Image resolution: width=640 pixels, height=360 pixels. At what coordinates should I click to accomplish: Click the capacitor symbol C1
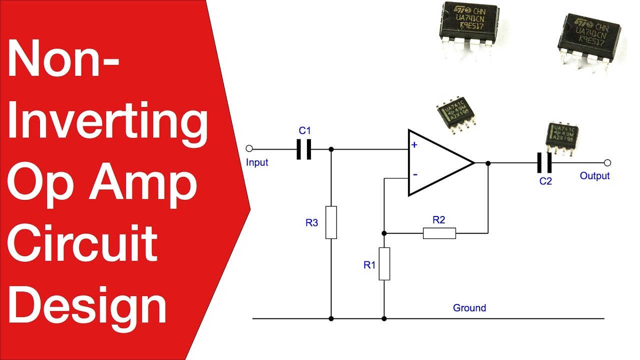pos(304,149)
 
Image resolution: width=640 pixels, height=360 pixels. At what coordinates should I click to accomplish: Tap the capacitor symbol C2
pos(544,163)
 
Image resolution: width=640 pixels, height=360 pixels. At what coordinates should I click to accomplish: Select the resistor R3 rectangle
pos(331,222)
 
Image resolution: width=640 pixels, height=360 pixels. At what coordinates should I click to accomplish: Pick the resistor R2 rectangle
pos(439,233)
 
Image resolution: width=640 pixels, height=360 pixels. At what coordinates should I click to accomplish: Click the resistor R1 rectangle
pos(384,263)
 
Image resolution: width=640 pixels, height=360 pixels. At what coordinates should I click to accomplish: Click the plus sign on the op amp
pos(414,145)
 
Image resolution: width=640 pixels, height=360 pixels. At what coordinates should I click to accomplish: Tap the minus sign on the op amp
pos(414,175)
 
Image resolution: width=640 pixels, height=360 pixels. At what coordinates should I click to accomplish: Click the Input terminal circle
pos(250,149)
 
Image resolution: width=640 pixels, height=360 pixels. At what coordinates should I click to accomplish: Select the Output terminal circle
pos(607,163)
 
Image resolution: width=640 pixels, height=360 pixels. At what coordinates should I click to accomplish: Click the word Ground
pos(469,308)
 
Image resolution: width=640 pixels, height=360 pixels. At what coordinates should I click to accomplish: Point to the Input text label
pos(257,162)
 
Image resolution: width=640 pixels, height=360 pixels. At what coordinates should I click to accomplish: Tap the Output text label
pos(594,176)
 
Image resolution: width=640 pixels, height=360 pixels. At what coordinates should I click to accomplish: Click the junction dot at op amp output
pos(488,163)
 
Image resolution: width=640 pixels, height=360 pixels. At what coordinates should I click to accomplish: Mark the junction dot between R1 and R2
pos(384,233)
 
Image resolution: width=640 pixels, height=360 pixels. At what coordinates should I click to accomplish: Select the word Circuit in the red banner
pos(82,245)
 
